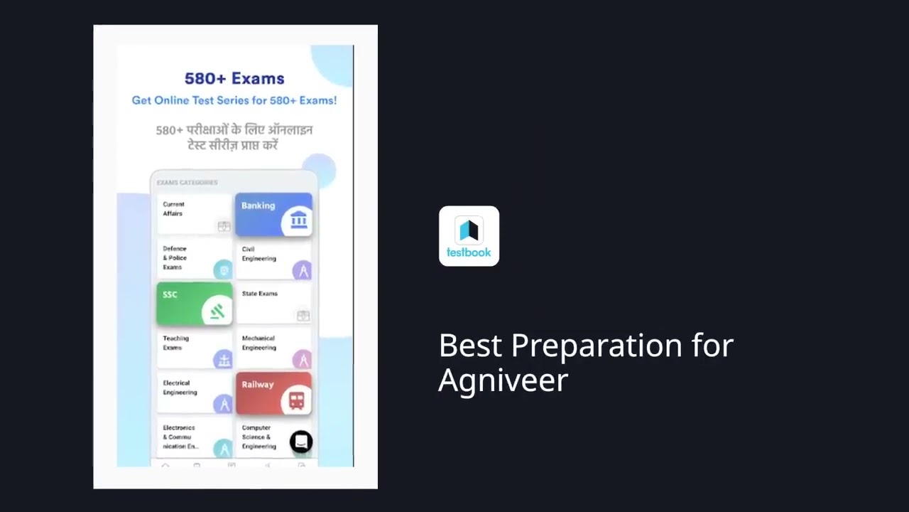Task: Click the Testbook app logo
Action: pos(469,236)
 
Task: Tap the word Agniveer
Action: pos(503,380)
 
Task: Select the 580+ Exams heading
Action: pos(234,79)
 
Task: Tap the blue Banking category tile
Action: pos(273,213)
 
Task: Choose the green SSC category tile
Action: pos(194,303)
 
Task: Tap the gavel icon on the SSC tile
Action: pos(217,311)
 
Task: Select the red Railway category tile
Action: pos(273,393)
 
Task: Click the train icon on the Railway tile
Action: pos(296,400)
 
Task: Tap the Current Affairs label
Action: pos(173,209)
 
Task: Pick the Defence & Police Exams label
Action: pos(175,258)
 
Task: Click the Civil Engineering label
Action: pos(258,254)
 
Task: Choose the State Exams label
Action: pos(259,294)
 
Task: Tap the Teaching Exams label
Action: pos(175,343)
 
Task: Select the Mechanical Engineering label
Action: pos(258,343)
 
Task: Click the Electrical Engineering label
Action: pos(180,388)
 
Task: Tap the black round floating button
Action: pos(301,442)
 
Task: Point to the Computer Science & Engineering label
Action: pos(258,437)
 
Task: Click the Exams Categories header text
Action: pos(187,183)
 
